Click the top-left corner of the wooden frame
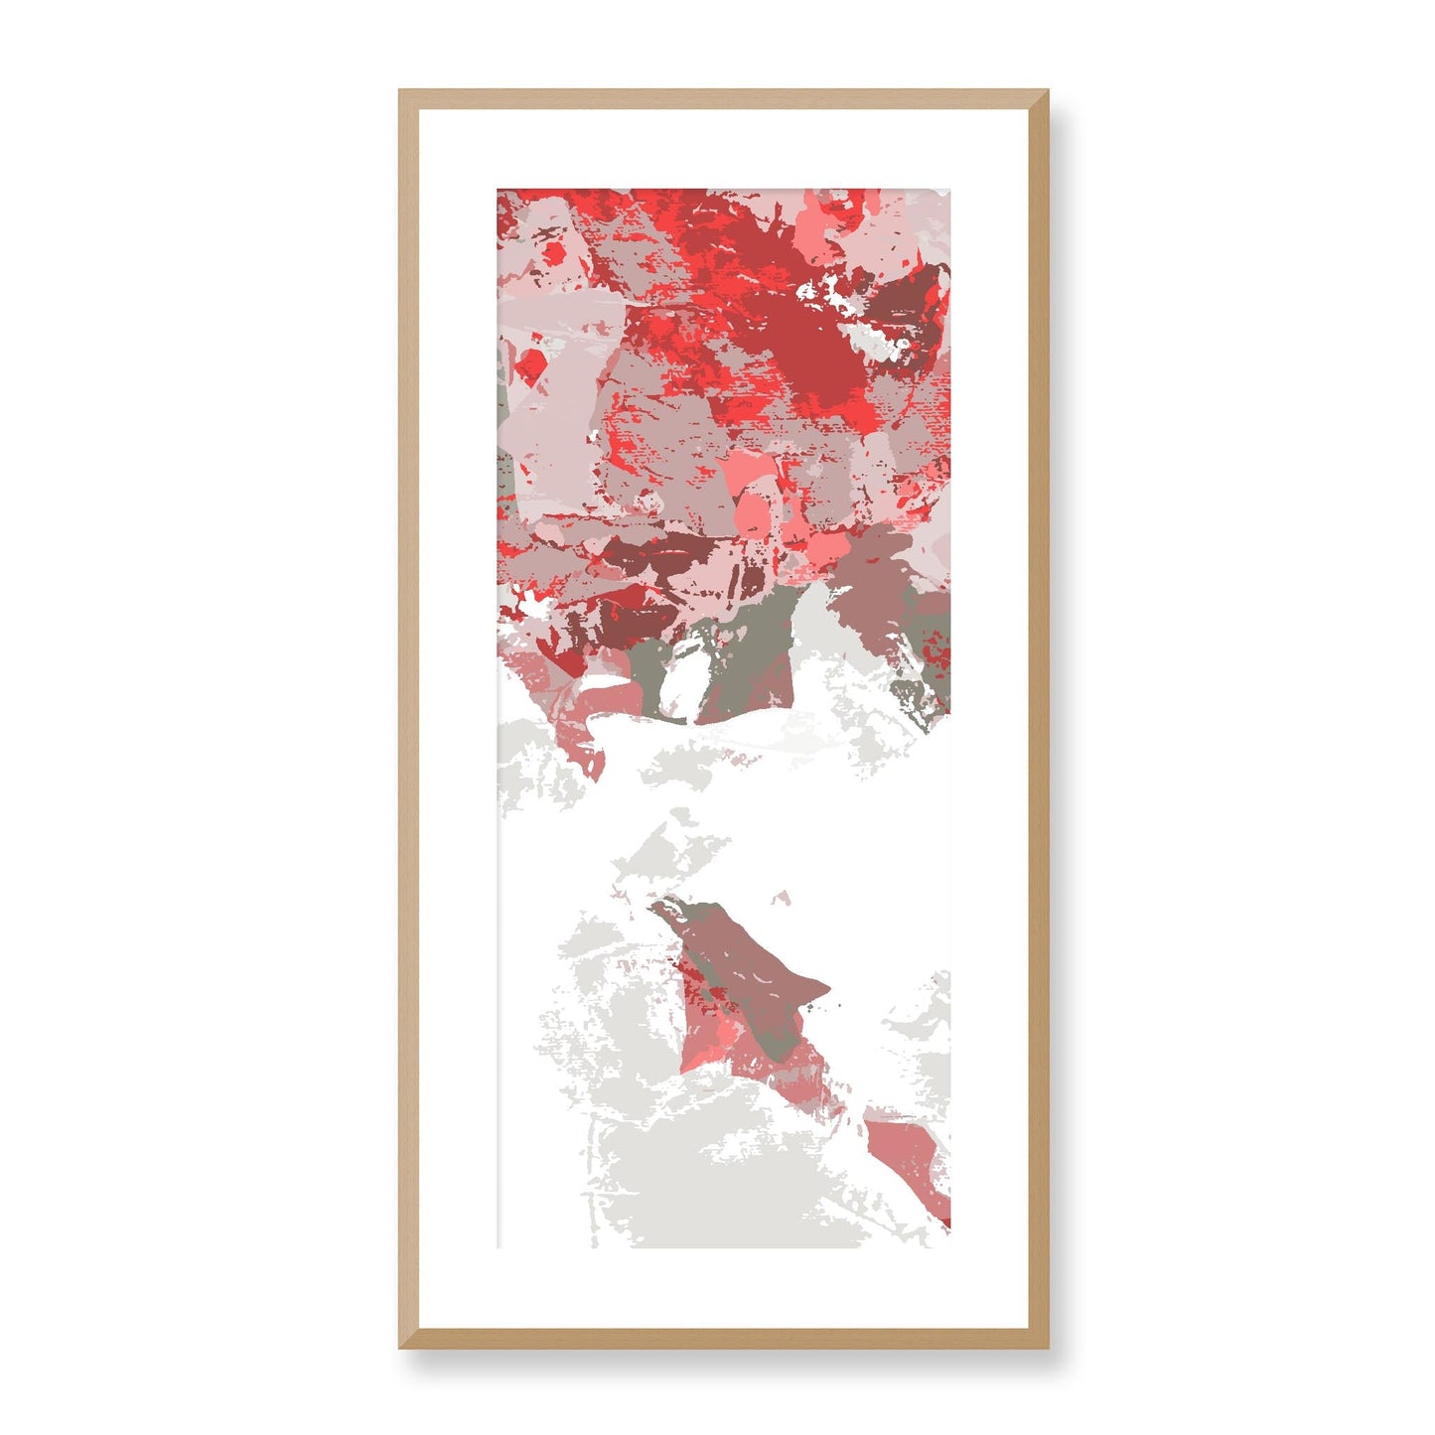pyautogui.click(x=401, y=91)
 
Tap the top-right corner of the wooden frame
pyautogui.click(x=1048, y=91)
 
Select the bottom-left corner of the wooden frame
pyautogui.click(x=401, y=1348)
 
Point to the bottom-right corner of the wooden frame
pyautogui.click(x=1048, y=1348)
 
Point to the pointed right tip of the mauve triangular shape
pyautogui.click(x=826, y=987)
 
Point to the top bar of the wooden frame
pyautogui.click(x=724, y=98)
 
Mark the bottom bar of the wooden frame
pyautogui.click(x=724, y=1339)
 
